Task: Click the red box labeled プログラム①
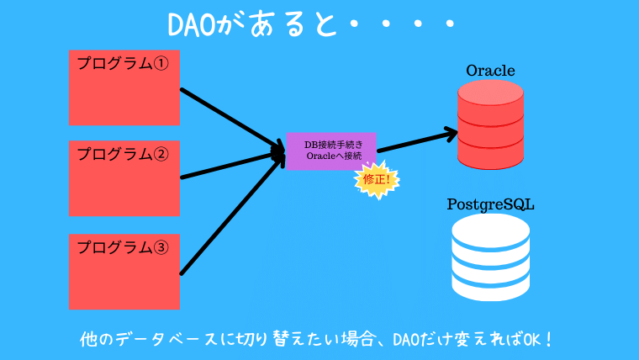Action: point(124,87)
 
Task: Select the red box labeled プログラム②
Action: point(124,178)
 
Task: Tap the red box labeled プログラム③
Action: point(124,271)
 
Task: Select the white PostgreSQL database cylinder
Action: point(490,257)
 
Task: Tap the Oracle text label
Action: point(490,70)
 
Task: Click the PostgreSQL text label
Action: point(490,204)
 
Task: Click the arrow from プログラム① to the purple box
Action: point(231,118)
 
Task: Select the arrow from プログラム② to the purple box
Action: point(231,166)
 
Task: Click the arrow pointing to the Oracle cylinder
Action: point(416,140)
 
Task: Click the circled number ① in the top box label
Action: point(161,63)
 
